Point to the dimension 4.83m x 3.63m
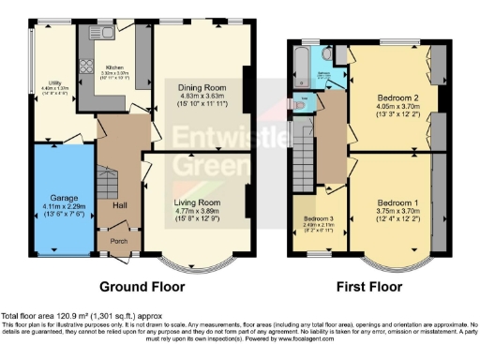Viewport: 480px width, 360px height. (199, 95)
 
